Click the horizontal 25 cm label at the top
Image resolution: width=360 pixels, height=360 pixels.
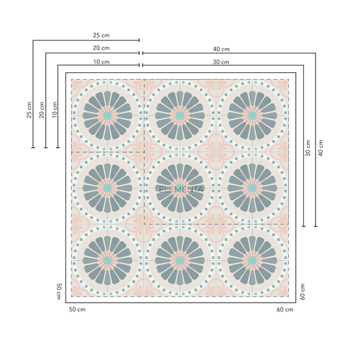101,35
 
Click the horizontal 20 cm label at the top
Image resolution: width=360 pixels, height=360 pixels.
101,48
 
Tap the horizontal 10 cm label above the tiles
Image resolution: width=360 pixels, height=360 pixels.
101,62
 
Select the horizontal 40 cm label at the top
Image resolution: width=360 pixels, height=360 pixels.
221,49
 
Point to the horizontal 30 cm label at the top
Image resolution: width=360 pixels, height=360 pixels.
221,62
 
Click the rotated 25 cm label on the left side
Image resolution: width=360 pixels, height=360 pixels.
29,110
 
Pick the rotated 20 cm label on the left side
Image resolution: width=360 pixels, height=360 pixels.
42,110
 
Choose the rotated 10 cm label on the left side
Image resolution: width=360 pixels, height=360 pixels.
55,109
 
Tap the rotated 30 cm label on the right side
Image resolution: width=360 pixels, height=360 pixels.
308,149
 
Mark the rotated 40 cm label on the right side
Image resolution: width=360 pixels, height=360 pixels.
321,148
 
